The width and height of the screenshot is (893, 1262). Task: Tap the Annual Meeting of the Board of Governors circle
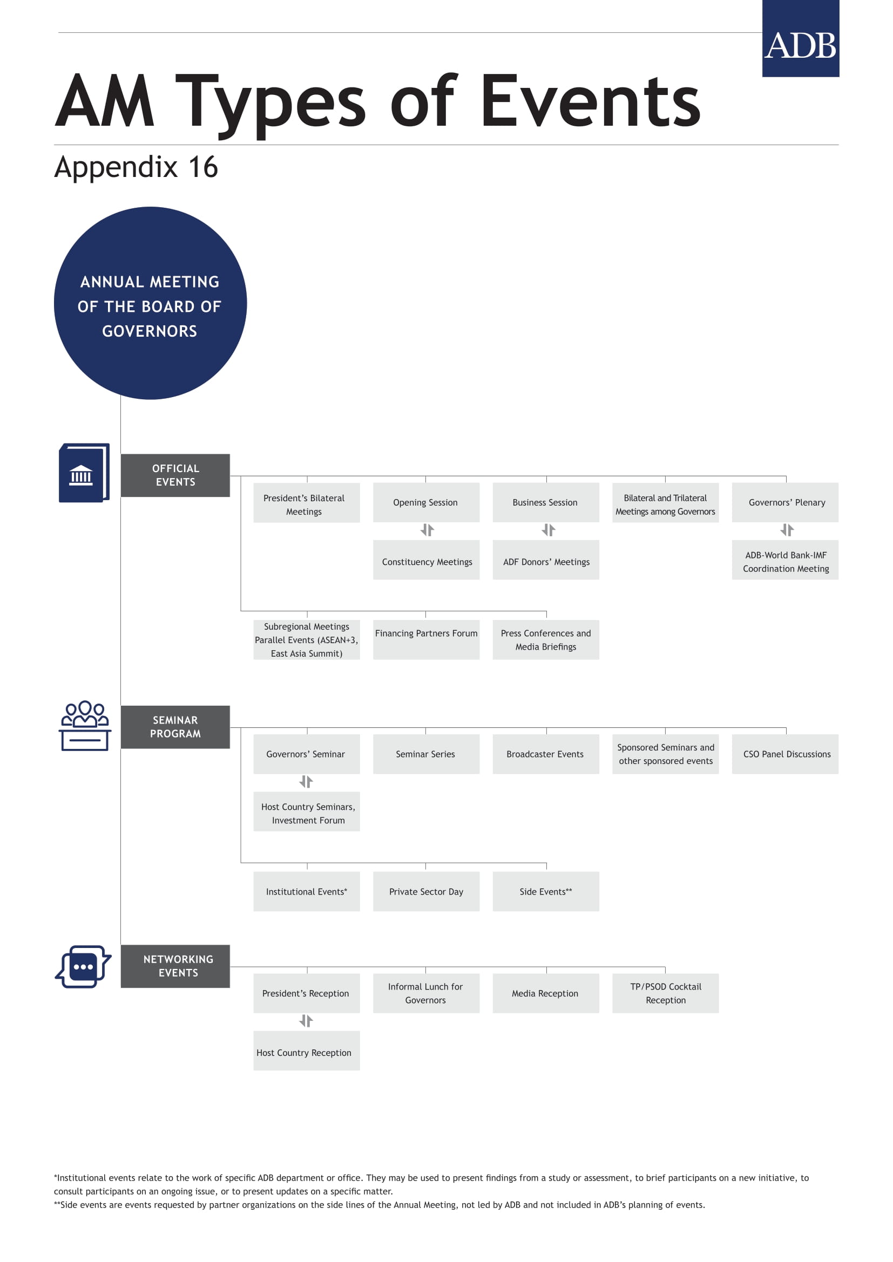click(x=150, y=303)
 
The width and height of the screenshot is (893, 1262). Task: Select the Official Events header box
click(x=175, y=475)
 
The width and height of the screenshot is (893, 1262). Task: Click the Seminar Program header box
click(x=175, y=727)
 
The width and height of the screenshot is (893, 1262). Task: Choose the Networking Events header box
click(x=175, y=966)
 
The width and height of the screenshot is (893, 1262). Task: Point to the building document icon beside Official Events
click(x=84, y=473)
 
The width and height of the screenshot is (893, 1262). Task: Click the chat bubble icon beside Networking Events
click(x=83, y=966)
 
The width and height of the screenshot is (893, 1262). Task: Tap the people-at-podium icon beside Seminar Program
click(x=85, y=726)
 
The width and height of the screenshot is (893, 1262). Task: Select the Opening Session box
click(x=426, y=502)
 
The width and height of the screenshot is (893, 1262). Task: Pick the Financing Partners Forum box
click(x=426, y=640)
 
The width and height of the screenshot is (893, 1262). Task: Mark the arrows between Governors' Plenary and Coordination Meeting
click(x=787, y=530)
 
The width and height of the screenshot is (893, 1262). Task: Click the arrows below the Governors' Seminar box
click(x=306, y=782)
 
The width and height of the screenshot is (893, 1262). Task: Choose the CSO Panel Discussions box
click(x=785, y=754)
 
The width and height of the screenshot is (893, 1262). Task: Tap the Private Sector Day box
click(x=426, y=891)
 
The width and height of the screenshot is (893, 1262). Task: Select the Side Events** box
click(x=546, y=891)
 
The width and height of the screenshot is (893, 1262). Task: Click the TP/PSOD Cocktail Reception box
click(x=665, y=993)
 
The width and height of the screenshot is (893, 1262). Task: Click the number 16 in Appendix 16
click(x=203, y=167)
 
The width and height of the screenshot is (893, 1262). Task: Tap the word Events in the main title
click(x=591, y=101)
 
